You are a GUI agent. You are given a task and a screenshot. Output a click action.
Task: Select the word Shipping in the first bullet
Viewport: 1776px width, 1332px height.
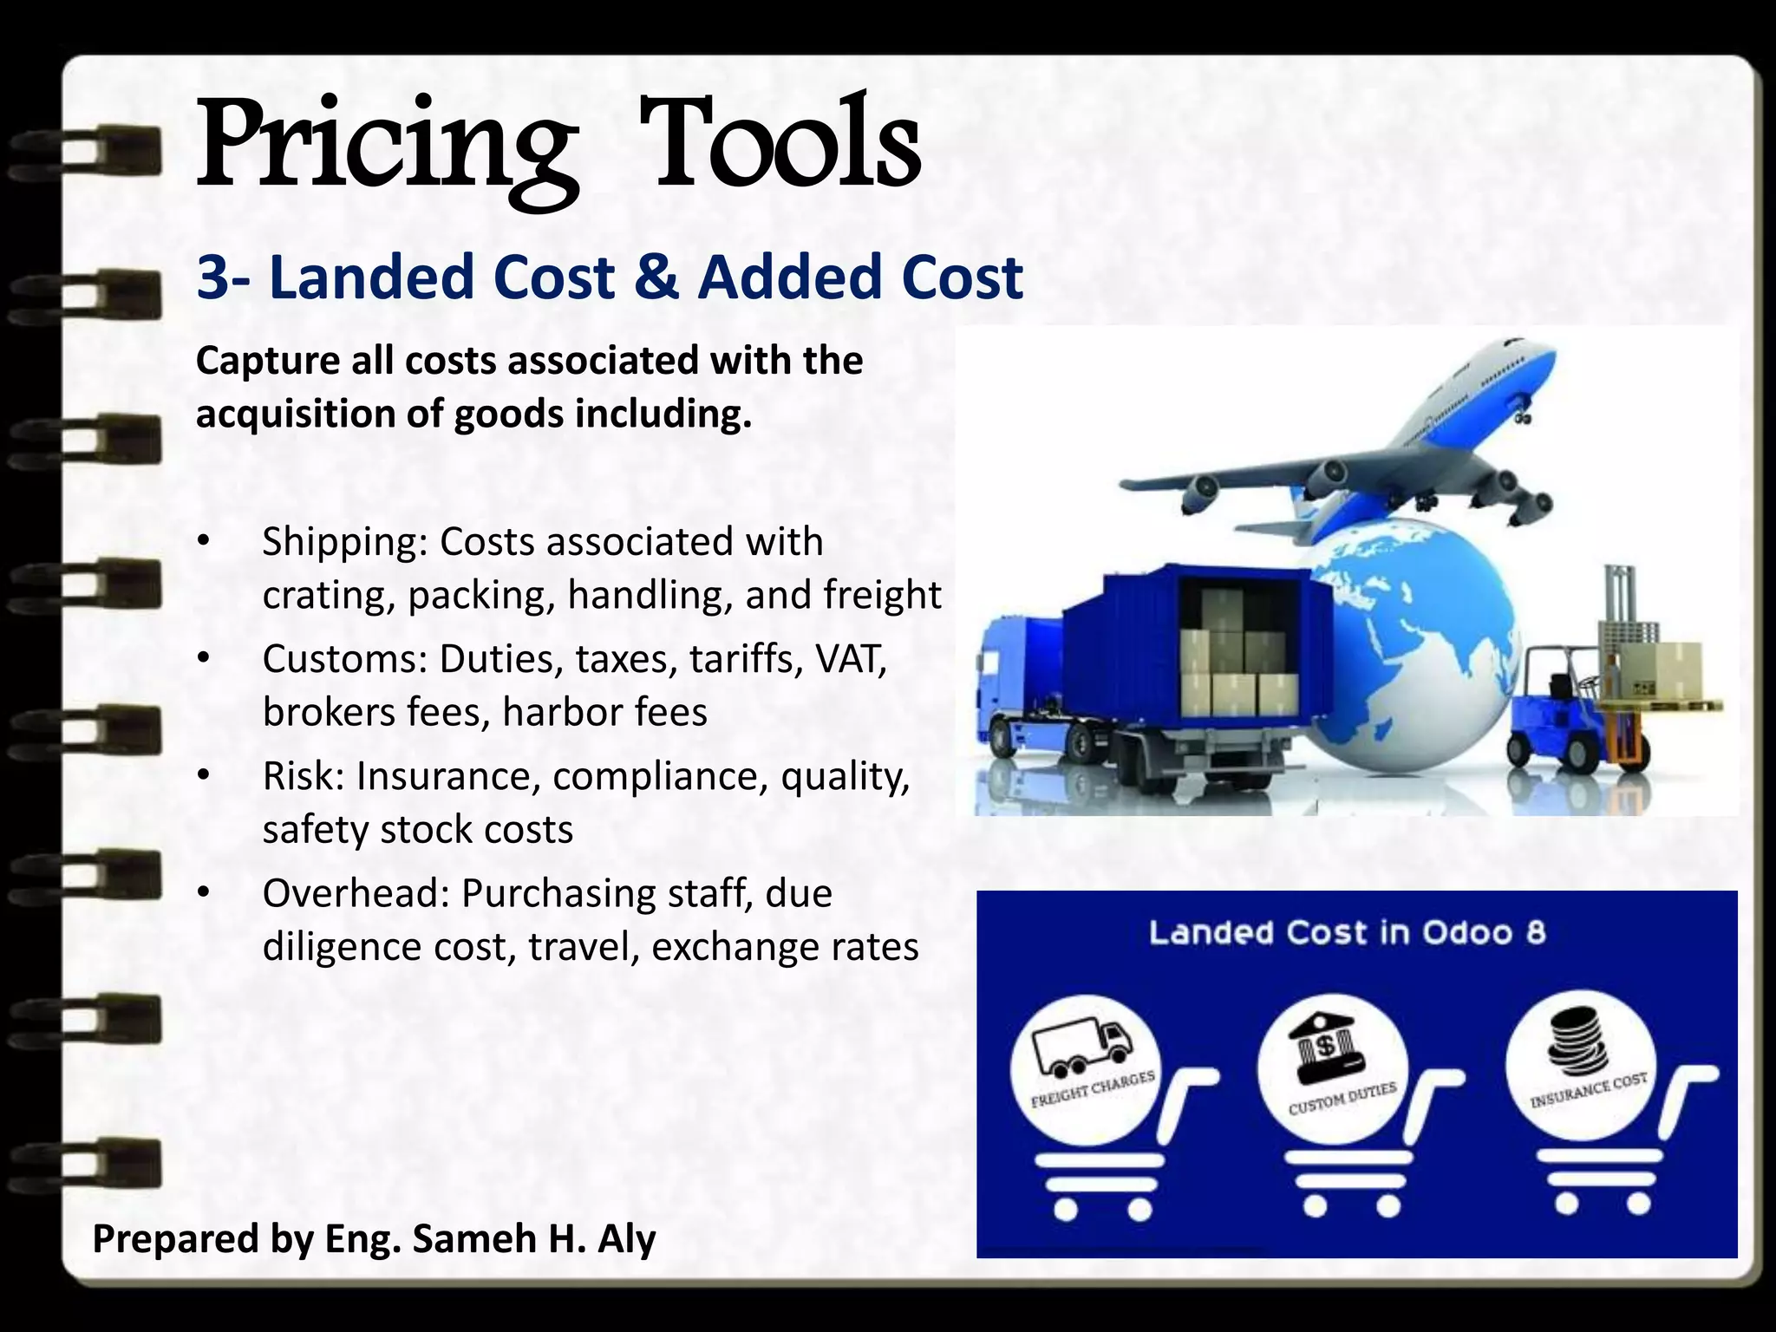[344, 543]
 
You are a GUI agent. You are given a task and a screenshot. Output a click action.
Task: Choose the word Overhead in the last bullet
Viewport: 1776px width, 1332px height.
[356, 893]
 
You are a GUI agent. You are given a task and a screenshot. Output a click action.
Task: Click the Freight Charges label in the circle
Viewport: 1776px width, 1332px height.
[1093, 1089]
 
